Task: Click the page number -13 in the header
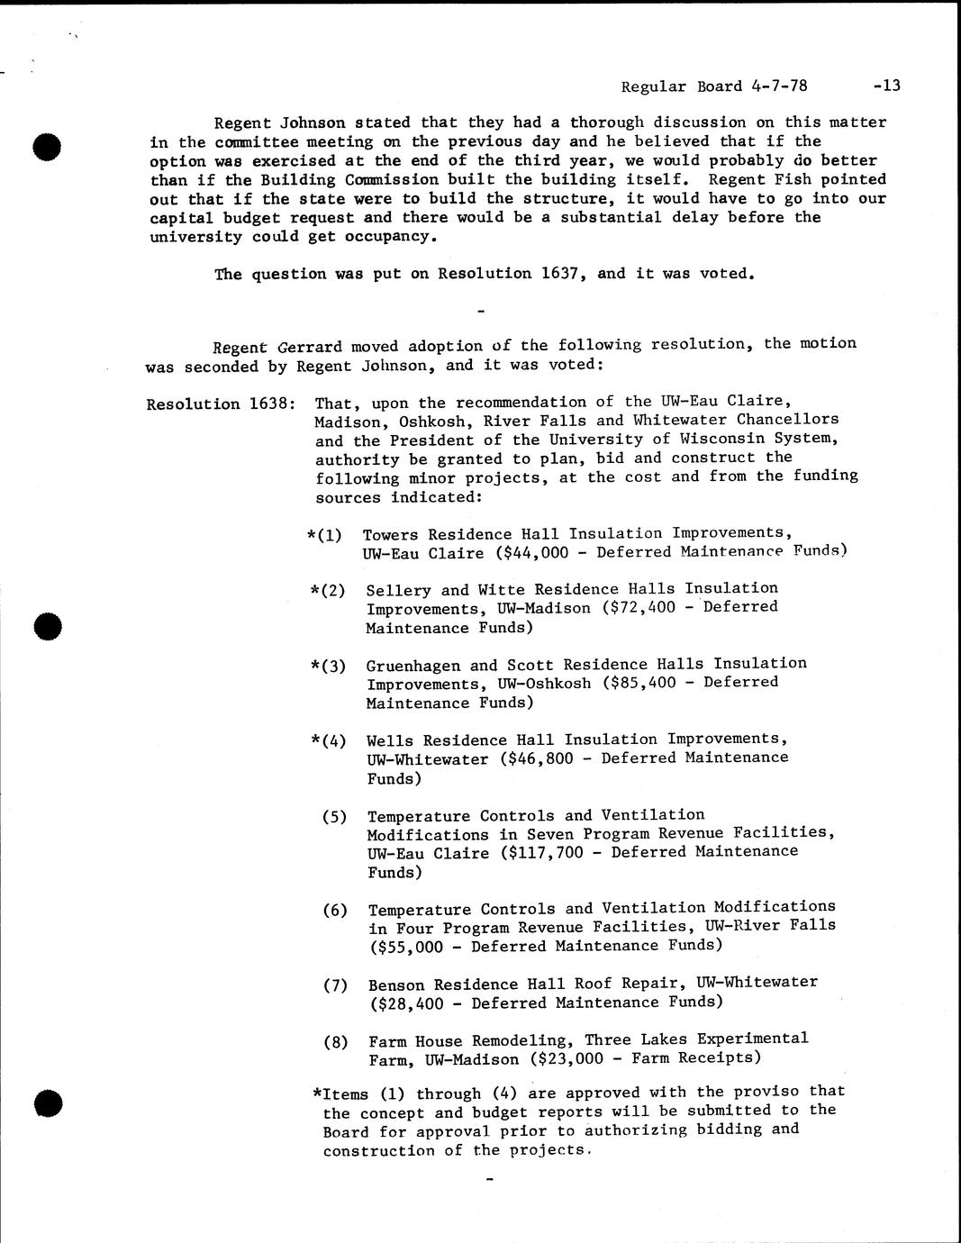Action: coord(886,86)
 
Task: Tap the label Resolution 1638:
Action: coord(221,404)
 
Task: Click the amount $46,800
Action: coord(538,758)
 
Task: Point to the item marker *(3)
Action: coord(328,667)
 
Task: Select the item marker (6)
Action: coord(335,910)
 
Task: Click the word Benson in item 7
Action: coord(396,984)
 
